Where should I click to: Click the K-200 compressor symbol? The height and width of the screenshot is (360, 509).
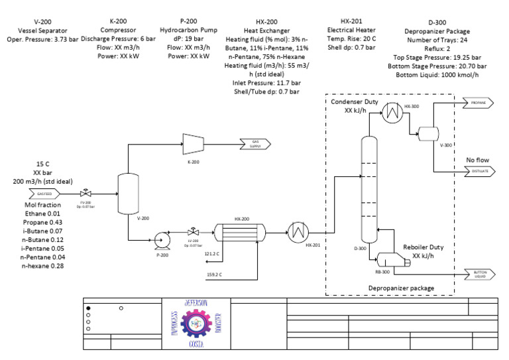(x=193, y=141)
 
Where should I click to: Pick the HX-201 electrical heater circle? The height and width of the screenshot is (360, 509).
(x=296, y=233)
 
